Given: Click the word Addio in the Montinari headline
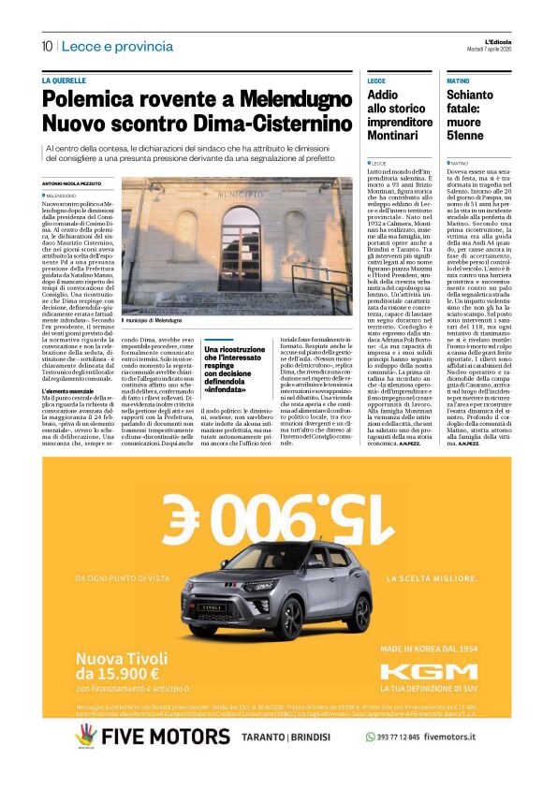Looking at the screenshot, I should tap(383, 95).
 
